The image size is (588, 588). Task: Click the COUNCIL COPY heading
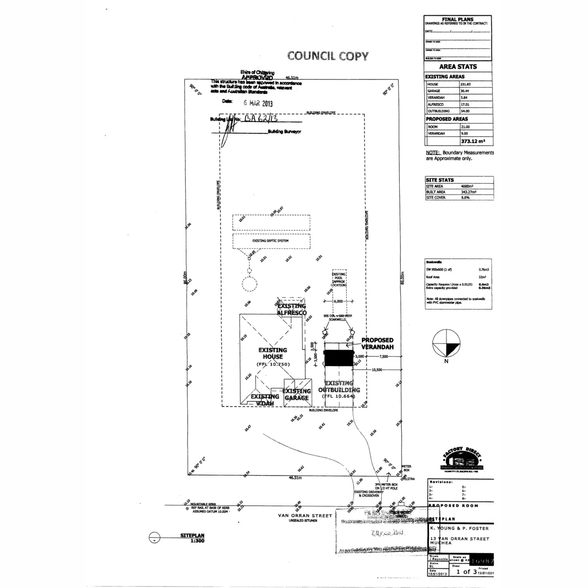pos(327,56)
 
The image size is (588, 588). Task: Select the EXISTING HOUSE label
pos(272,353)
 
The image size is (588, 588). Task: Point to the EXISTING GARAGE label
pos(297,394)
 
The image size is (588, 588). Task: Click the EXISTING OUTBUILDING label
pos(339,387)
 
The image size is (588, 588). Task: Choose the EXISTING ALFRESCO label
pos(292,309)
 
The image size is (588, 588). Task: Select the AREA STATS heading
pos(458,67)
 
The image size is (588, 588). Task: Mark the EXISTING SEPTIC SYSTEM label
pos(270,241)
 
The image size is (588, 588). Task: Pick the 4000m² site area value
pos(467,186)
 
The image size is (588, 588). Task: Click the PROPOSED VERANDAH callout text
pos(377,343)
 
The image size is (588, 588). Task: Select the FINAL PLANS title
pos(458,20)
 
